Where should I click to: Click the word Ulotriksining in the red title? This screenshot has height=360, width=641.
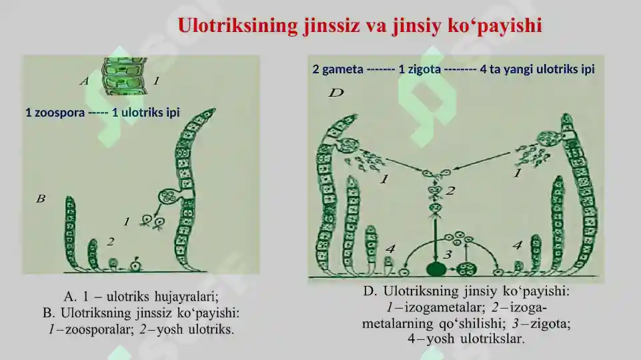[238, 26]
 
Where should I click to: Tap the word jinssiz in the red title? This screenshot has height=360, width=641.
[332, 26]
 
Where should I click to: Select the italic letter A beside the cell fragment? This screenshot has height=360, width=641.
[84, 81]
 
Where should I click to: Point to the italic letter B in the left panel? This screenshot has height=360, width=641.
[41, 199]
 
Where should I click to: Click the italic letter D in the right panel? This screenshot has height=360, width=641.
[336, 93]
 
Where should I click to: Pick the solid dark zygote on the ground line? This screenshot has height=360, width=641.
[436, 270]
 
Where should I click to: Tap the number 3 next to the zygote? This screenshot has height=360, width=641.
[448, 255]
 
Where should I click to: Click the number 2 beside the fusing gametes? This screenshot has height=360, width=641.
[450, 191]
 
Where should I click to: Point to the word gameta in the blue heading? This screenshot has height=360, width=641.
[343, 69]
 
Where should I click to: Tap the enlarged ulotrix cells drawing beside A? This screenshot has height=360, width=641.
[124, 76]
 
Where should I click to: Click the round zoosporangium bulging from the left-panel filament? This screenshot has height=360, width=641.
[169, 197]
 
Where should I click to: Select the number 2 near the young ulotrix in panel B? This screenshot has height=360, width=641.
[110, 242]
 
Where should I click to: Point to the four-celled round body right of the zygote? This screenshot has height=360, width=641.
[466, 270]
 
